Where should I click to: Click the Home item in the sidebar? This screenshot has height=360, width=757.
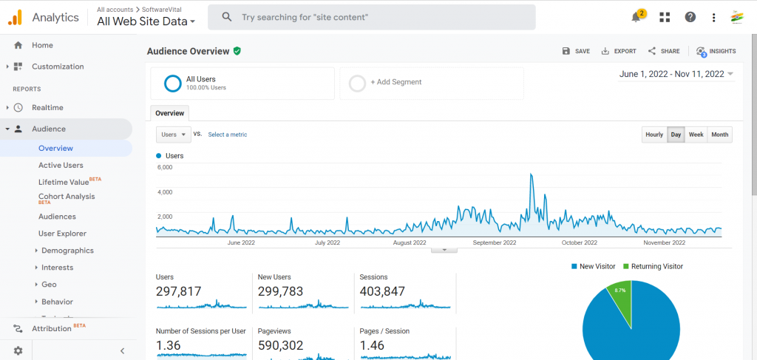click(42, 45)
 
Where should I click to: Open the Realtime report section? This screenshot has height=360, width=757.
click(47, 107)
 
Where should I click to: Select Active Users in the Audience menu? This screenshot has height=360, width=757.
click(61, 165)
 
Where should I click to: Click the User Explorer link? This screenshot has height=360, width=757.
click(62, 234)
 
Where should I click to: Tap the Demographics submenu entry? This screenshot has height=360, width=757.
click(67, 251)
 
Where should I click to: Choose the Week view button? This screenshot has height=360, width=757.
click(696, 135)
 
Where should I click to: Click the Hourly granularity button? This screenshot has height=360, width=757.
click(654, 135)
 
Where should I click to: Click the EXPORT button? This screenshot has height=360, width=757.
click(619, 51)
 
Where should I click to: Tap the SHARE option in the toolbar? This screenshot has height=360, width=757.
click(664, 51)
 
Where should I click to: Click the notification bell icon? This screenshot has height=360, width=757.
click(636, 17)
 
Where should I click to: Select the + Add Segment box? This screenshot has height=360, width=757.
click(431, 83)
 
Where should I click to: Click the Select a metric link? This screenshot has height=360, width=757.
click(228, 135)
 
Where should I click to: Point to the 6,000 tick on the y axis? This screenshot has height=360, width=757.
click(165, 167)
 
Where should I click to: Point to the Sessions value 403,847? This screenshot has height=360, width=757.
click(382, 291)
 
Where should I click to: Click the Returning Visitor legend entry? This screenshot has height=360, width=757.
click(656, 266)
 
